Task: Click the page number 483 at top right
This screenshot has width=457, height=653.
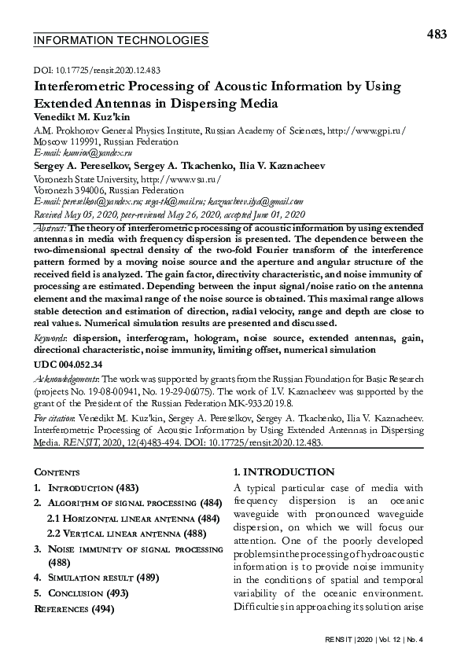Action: [x=436, y=34]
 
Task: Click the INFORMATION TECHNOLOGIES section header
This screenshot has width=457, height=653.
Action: [x=121, y=40]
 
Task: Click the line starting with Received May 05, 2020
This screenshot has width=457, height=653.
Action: [x=168, y=214]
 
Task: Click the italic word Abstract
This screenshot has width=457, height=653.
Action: [x=50, y=227]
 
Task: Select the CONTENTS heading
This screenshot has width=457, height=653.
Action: [x=57, y=472]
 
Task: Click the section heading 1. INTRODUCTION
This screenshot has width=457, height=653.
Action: [x=284, y=472]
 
